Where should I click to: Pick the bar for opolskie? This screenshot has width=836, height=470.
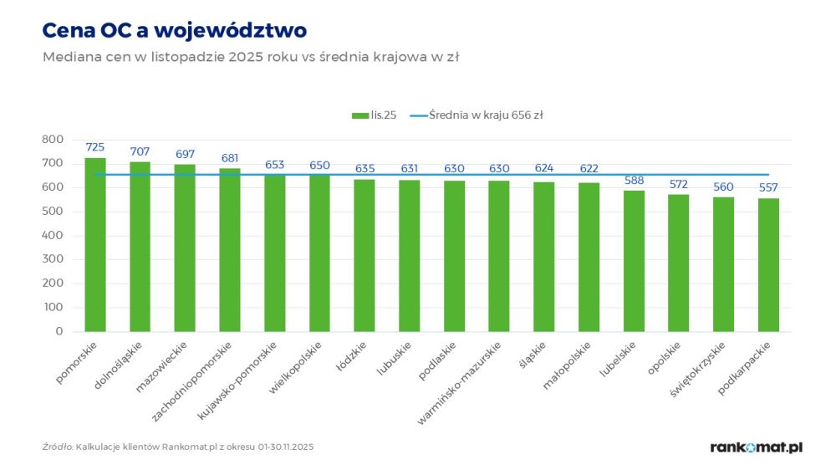click(x=678, y=263)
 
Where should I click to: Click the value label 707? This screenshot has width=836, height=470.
click(x=140, y=151)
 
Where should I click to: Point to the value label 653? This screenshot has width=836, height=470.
click(x=275, y=165)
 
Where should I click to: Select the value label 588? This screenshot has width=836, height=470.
click(x=633, y=180)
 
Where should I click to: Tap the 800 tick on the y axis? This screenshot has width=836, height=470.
click(x=52, y=140)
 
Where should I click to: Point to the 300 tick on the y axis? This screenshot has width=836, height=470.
click(x=52, y=259)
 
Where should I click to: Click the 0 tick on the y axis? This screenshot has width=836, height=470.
click(x=59, y=331)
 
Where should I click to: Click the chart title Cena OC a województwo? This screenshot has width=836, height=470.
click(x=175, y=31)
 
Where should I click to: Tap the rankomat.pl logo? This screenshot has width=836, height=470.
click(x=756, y=447)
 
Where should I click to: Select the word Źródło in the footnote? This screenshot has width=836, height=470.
click(x=57, y=447)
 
